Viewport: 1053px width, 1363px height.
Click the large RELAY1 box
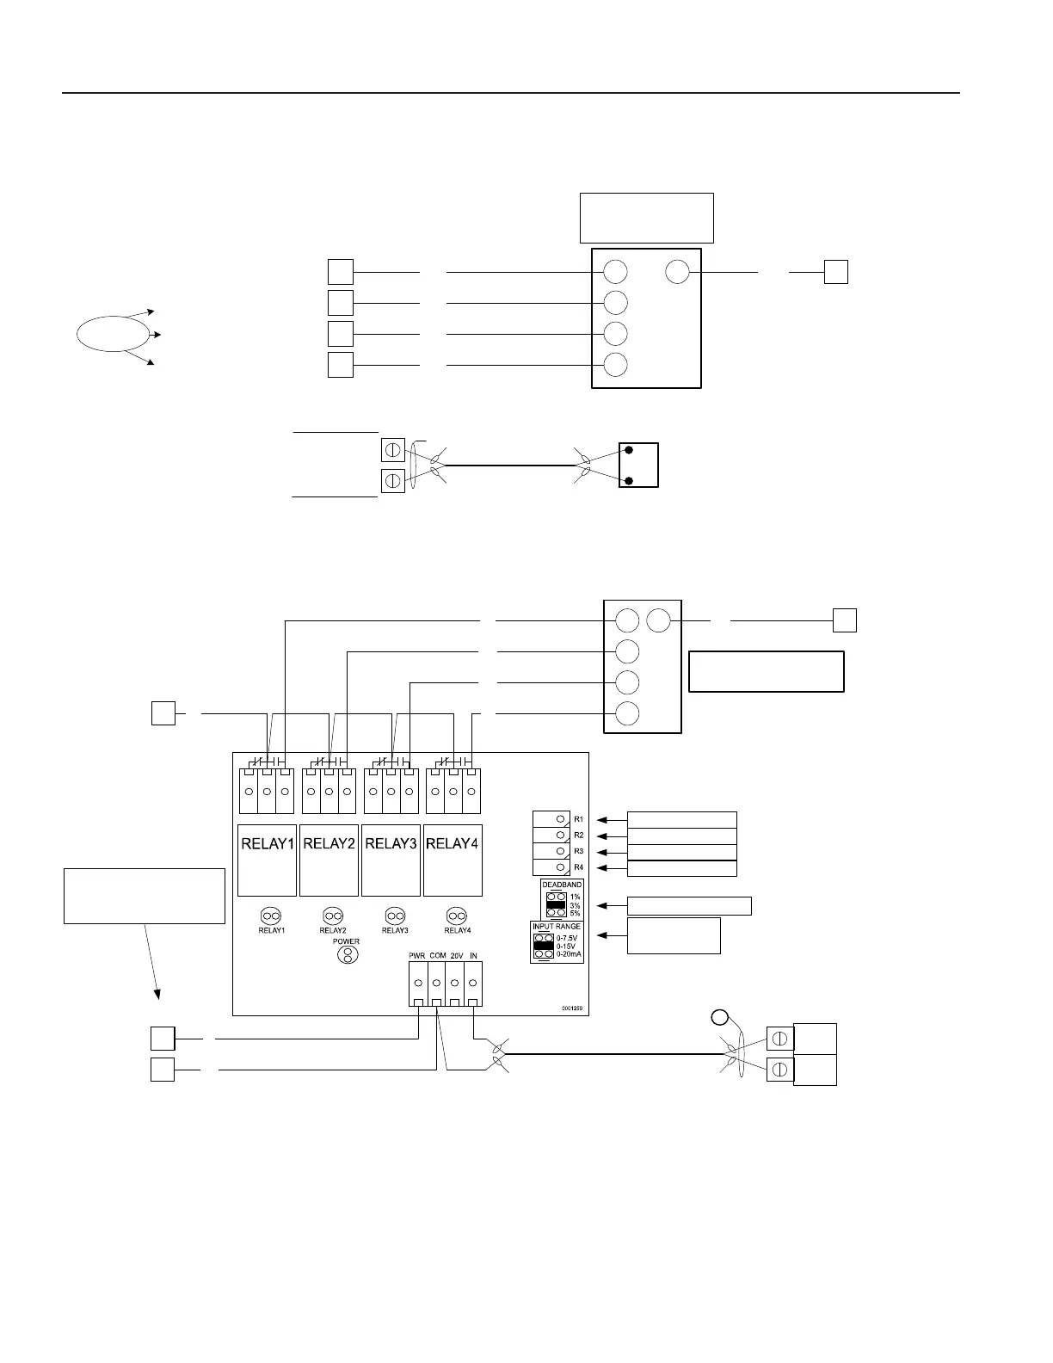(x=267, y=860)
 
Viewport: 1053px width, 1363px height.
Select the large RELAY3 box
(x=391, y=860)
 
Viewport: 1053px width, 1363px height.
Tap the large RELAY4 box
(x=453, y=860)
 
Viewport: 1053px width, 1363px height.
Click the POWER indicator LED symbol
(x=347, y=954)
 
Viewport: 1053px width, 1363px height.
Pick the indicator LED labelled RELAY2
(x=333, y=916)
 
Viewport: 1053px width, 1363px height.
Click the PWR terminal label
(x=418, y=955)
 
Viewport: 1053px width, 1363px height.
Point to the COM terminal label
(x=438, y=955)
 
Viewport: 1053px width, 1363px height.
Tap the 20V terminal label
(x=457, y=955)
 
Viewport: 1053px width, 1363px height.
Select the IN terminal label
(x=474, y=955)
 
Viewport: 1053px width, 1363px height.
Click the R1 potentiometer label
(x=579, y=819)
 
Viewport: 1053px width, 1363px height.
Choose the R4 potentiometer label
(x=579, y=867)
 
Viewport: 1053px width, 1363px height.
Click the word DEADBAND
(x=562, y=885)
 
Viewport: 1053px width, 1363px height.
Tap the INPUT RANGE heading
(x=557, y=927)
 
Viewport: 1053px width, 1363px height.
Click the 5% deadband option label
(x=575, y=913)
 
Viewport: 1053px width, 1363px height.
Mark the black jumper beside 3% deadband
(x=555, y=905)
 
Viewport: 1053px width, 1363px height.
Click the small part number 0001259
(x=573, y=1008)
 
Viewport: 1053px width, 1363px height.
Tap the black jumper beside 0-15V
(x=543, y=946)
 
